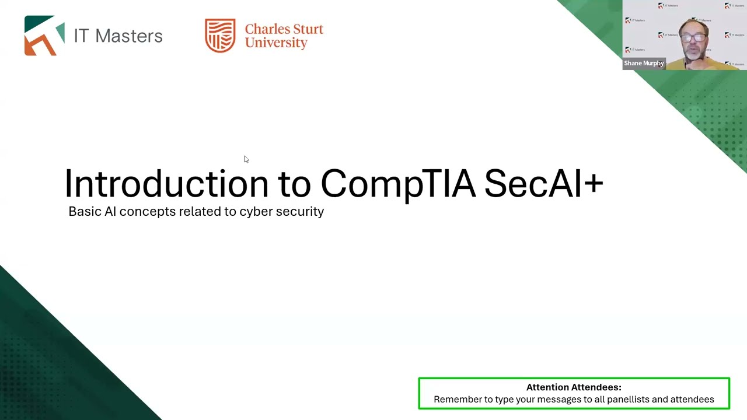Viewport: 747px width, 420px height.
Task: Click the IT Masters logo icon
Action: pyautogui.click(x=44, y=36)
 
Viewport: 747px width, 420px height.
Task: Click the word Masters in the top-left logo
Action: pyautogui.click(x=128, y=36)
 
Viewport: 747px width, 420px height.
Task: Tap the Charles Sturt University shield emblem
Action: pyautogui.click(x=220, y=36)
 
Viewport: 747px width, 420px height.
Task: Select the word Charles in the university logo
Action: pyautogui.click(x=265, y=29)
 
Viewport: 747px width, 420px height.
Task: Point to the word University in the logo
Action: pyautogui.click(x=276, y=43)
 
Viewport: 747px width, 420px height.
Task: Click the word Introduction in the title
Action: pyautogui.click(x=166, y=184)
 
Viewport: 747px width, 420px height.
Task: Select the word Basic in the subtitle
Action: pyautogui.click(x=84, y=211)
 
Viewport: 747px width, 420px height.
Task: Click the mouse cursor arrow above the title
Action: pyautogui.click(x=246, y=159)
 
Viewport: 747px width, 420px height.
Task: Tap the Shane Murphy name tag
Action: pyautogui.click(x=644, y=63)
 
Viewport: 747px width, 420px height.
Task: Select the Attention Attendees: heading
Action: pyautogui.click(x=574, y=387)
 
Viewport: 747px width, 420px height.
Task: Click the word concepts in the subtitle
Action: pyautogui.click(x=147, y=212)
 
